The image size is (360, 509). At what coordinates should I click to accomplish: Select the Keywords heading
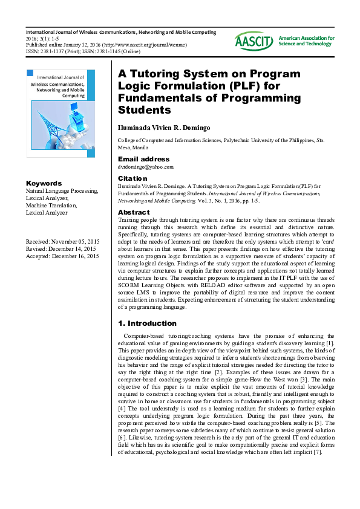tap(44, 183)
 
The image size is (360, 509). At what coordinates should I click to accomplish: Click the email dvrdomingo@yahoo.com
tap(145, 167)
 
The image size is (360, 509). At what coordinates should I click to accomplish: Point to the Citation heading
tap(132, 178)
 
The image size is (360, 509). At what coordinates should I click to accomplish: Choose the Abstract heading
tap(134, 213)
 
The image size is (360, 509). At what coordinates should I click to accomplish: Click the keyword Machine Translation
tap(51, 206)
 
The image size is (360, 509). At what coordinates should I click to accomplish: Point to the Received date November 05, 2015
tap(62, 242)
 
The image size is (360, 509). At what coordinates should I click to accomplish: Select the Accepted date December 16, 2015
tap(62, 256)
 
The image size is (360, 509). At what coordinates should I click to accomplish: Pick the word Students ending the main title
tap(145, 110)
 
